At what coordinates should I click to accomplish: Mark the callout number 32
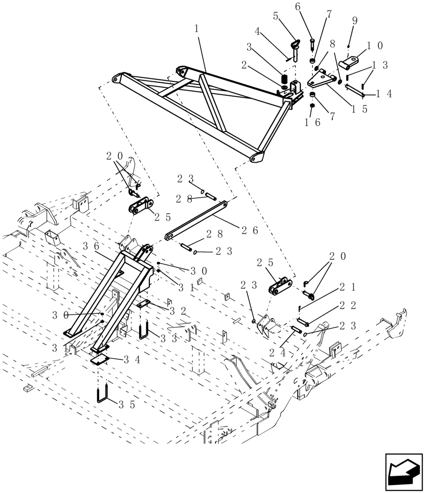point(176,311)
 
